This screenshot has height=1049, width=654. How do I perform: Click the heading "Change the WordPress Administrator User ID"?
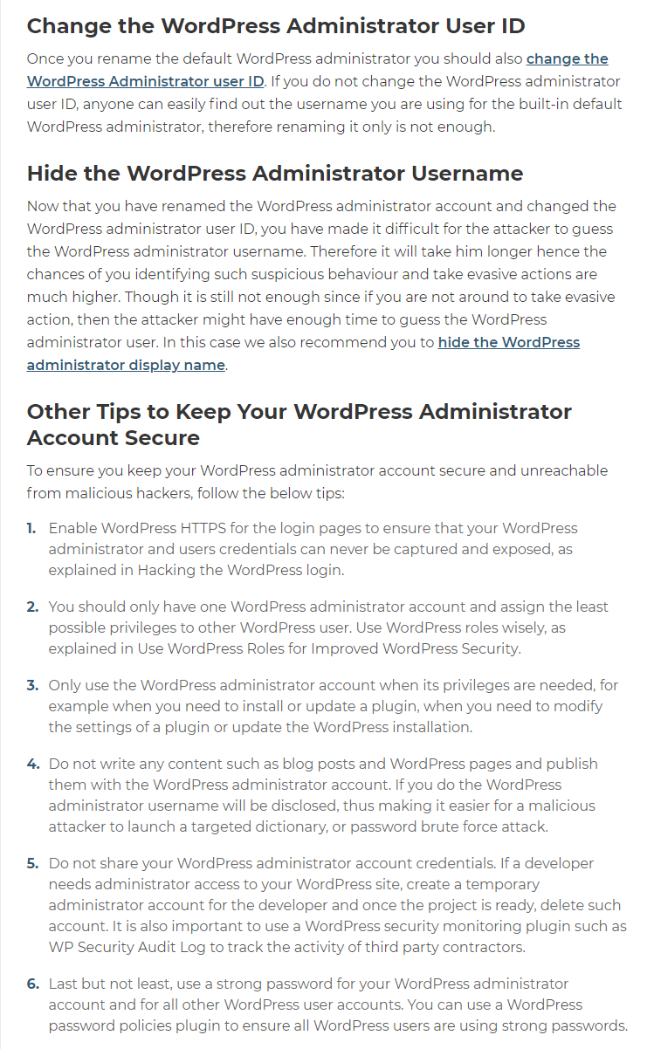click(276, 25)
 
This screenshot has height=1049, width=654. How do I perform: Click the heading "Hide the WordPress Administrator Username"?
click(275, 173)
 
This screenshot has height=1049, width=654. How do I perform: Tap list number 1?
click(31, 528)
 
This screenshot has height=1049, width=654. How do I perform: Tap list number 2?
click(32, 607)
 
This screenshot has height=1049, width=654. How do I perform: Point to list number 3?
click(32, 685)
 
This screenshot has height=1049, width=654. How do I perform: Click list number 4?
click(32, 764)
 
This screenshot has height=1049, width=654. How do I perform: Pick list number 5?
click(32, 863)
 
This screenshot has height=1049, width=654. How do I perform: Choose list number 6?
click(32, 984)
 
